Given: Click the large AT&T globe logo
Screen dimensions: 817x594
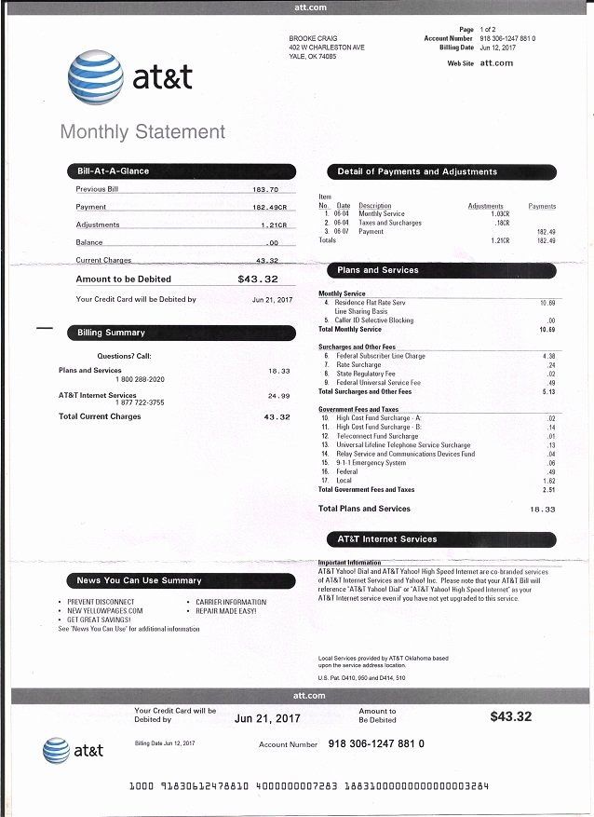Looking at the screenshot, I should (95, 79).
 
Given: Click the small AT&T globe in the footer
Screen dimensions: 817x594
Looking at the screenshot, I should (56, 750).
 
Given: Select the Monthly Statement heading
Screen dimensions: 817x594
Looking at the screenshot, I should (142, 132).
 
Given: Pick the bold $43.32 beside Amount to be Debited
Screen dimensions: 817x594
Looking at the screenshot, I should (258, 279).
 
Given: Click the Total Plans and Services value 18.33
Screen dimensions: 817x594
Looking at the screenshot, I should (542, 510).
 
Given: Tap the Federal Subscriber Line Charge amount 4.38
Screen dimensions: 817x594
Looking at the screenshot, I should (548, 356).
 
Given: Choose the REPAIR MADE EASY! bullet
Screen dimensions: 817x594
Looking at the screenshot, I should (226, 611).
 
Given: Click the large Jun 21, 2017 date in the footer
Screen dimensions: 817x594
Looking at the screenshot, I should (267, 718).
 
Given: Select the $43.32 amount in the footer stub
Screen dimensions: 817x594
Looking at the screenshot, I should (510, 716).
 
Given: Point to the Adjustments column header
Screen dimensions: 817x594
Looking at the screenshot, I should (485, 206).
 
